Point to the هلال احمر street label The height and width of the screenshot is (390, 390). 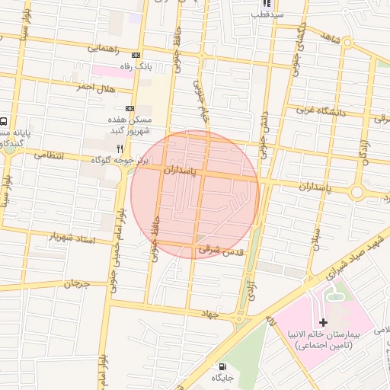coord(94,87)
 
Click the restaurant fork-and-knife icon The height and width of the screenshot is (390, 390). coord(119,149)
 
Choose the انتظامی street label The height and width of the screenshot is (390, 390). coord(51,155)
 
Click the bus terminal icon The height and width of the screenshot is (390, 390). coord(5,121)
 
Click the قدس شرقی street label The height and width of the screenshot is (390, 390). coord(219,250)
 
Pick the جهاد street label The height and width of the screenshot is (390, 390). coord(209,313)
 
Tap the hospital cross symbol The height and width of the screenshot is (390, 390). coord(324,324)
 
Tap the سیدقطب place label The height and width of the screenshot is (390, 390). coord(268,14)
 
